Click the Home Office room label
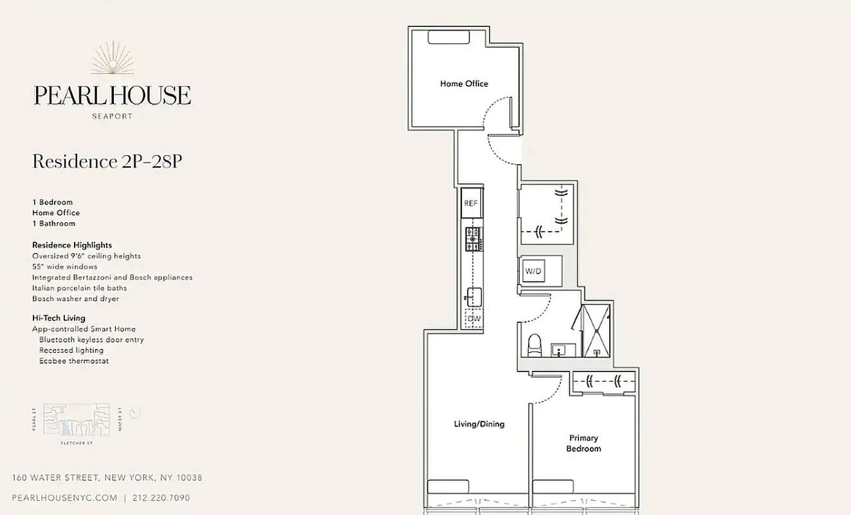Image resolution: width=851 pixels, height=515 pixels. (464, 84)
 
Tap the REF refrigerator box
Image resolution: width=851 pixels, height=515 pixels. (471, 203)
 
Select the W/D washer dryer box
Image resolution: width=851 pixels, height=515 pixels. (534, 272)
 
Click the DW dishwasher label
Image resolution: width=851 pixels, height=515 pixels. (474, 318)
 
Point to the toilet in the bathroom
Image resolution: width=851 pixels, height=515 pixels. (535, 346)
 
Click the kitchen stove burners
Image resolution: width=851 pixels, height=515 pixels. (473, 239)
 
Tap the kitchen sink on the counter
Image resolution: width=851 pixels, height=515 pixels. (474, 297)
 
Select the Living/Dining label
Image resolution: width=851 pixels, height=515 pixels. (479, 424)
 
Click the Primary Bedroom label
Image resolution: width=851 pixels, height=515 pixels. (583, 444)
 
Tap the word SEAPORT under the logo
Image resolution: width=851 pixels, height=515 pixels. (112, 117)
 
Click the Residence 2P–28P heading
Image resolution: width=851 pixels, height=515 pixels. (107, 162)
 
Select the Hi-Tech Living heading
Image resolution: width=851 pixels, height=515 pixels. (59, 318)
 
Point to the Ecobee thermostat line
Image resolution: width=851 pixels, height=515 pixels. (73, 361)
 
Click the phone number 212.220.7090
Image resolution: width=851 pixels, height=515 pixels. (161, 498)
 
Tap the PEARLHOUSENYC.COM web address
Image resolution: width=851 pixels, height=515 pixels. (65, 498)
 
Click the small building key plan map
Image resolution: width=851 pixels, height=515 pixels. (77, 418)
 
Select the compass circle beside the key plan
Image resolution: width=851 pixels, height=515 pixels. (135, 413)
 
